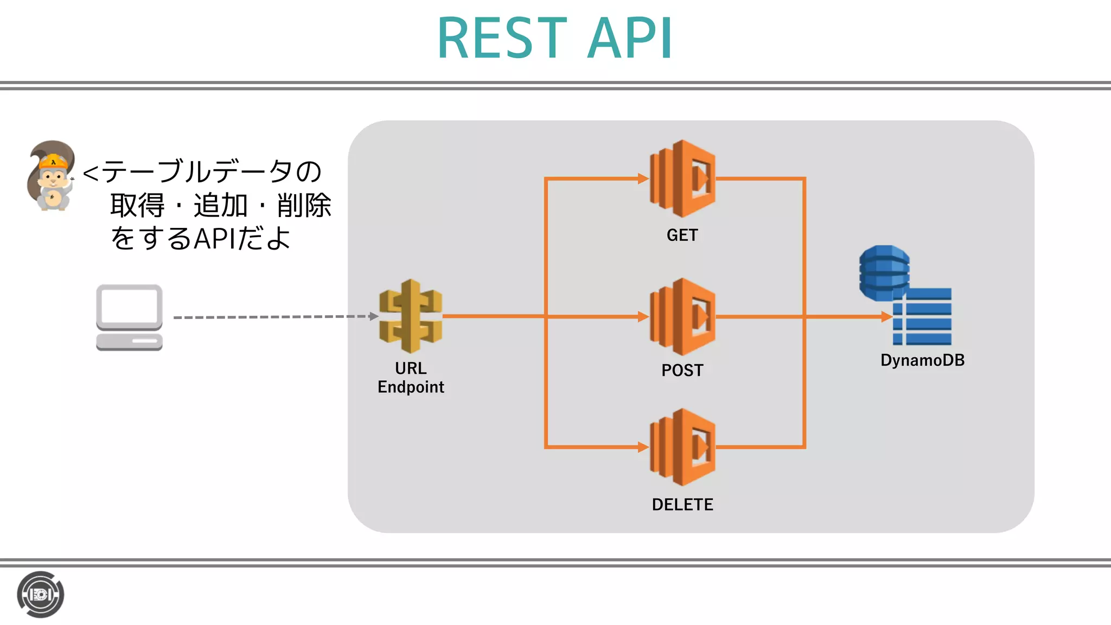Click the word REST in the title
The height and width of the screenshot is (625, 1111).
(502, 39)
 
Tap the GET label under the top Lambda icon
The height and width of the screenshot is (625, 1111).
(682, 235)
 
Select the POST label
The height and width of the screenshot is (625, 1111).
(682, 370)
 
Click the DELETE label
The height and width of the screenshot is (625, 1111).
(682, 505)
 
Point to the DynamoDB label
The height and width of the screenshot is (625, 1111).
(922, 360)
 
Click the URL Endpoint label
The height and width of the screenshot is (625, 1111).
(411, 378)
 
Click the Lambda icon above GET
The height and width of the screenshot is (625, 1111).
(682, 178)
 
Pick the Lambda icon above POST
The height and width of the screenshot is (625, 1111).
(682, 317)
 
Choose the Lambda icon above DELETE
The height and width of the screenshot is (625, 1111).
(682, 447)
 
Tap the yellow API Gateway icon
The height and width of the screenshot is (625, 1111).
(411, 316)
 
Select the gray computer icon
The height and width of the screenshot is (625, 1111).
(129, 317)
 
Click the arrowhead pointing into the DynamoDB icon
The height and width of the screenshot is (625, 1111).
(886, 317)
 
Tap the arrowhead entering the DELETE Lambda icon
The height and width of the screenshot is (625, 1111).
(643, 447)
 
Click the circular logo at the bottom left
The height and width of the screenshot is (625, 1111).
(41, 595)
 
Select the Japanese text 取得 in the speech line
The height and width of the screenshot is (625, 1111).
(137, 206)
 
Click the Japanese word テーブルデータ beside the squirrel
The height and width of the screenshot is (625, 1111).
(184, 171)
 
